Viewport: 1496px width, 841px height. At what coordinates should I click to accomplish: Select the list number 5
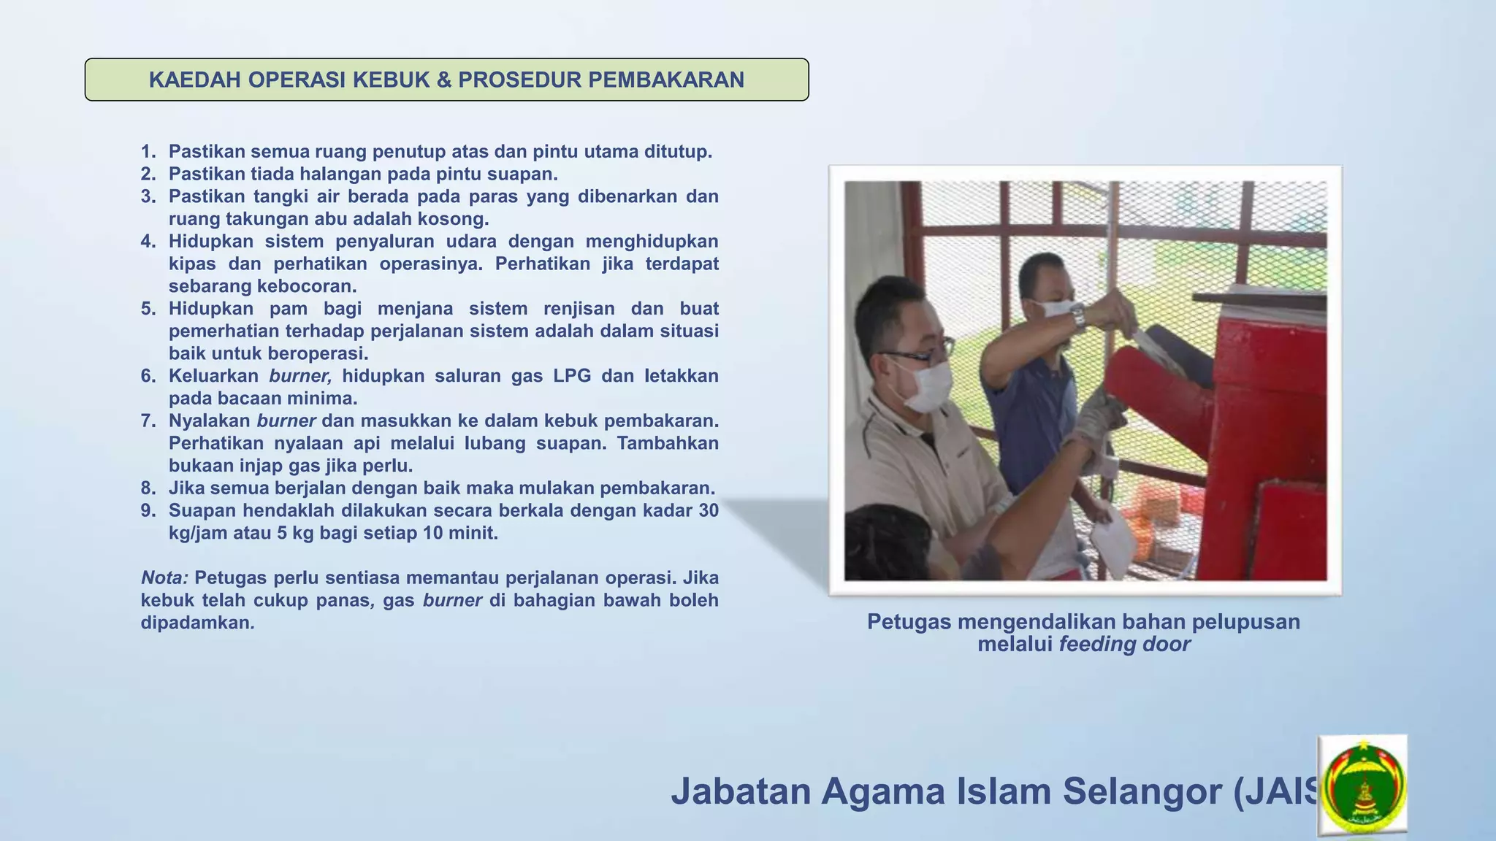point(148,309)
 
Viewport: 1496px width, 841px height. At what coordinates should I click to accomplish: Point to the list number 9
point(148,510)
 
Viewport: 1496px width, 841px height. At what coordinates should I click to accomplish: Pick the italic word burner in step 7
point(286,421)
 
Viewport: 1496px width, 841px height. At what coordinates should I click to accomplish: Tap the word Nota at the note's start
point(164,578)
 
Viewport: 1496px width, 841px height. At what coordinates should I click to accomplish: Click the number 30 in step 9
point(708,510)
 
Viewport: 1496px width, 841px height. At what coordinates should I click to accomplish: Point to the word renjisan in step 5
point(576,309)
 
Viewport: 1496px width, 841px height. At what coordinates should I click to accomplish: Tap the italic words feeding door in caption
point(1124,645)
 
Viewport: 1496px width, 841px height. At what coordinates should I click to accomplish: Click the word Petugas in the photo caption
point(909,622)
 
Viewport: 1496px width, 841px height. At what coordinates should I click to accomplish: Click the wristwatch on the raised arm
point(1077,315)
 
